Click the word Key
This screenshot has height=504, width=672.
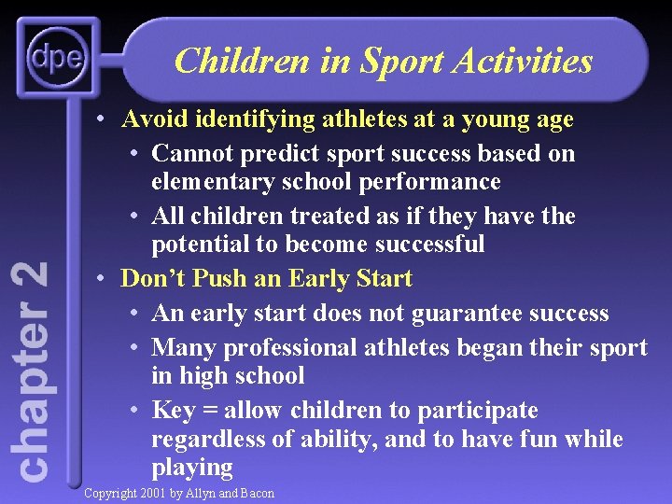pyautogui.click(x=175, y=410)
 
